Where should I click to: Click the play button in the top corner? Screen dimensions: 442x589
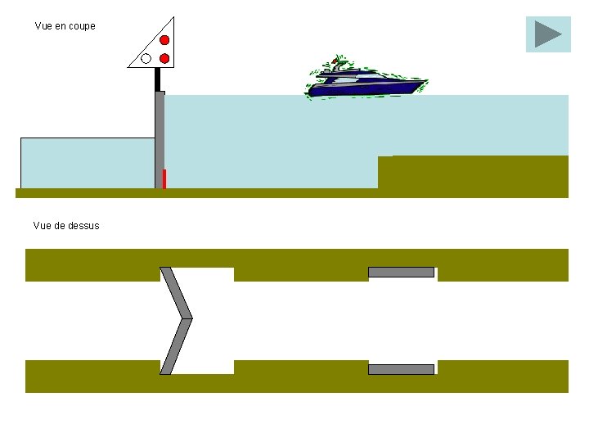click(x=547, y=34)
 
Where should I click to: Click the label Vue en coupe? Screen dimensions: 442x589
click(x=65, y=26)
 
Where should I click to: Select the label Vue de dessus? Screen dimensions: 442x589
click(x=66, y=226)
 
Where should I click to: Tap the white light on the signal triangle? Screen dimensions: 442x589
click(x=146, y=58)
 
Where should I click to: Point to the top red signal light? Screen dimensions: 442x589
click(x=164, y=40)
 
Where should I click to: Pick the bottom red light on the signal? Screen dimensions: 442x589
click(x=164, y=58)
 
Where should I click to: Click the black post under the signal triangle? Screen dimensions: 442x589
click(x=158, y=79)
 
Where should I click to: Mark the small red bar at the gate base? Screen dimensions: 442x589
click(x=164, y=178)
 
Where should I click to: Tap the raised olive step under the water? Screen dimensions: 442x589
click(x=472, y=172)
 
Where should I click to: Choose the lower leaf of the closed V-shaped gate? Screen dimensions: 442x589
click(x=176, y=346)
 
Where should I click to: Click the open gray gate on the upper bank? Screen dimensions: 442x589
click(x=401, y=272)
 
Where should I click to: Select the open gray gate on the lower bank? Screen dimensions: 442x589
click(x=401, y=369)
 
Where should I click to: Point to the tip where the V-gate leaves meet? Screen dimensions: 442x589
click(x=191, y=318)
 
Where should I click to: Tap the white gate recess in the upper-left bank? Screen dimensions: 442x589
click(x=205, y=274)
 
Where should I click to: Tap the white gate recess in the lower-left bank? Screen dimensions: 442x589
click(x=205, y=367)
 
